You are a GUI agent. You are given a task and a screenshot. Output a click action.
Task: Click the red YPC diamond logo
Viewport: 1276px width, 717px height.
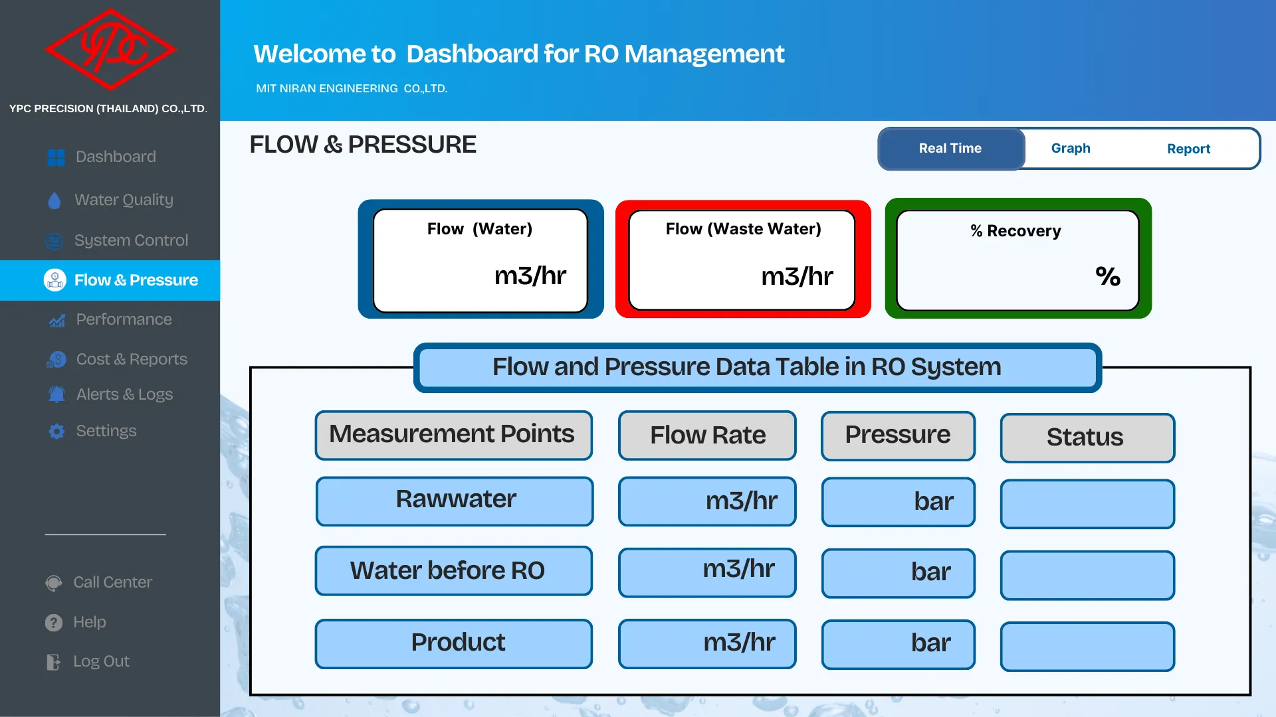(x=110, y=49)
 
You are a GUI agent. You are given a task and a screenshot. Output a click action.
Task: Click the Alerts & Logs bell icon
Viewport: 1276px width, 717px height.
(x=56, y=394)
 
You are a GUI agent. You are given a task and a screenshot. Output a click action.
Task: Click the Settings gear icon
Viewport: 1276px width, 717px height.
(x=56, y=431)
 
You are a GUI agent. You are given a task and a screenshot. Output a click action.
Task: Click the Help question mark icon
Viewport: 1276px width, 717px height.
(x=54, y=623)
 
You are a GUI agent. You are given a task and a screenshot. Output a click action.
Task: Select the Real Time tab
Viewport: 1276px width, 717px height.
(x=950, y=149)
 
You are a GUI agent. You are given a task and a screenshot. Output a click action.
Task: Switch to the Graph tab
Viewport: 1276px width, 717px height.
(x=1071, y=149)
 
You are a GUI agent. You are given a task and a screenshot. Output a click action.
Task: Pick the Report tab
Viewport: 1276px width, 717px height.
(x=1188, y=149)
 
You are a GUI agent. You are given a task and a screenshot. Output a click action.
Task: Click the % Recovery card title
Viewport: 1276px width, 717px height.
(x=1015, y=231)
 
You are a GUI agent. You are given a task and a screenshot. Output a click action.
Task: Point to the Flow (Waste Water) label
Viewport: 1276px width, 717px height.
(x=744, y=229)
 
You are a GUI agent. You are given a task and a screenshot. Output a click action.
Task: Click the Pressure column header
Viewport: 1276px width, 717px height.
(x=898, y=436)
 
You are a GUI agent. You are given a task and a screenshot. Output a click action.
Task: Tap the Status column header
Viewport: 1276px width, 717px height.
(x=1087, y=438)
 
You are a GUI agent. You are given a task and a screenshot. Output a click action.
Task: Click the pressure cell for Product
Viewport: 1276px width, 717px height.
(x=898, y=644)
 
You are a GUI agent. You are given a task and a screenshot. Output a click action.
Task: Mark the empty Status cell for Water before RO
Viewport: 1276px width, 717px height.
(x=1087, y=575)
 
